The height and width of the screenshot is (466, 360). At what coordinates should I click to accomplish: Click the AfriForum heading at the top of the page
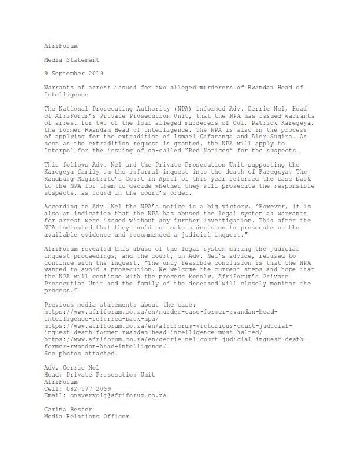[x=60, y=45]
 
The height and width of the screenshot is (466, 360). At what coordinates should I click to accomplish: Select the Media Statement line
[x=72, y=59]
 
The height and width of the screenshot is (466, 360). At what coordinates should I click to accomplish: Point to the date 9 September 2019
[x=74, y=74]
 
